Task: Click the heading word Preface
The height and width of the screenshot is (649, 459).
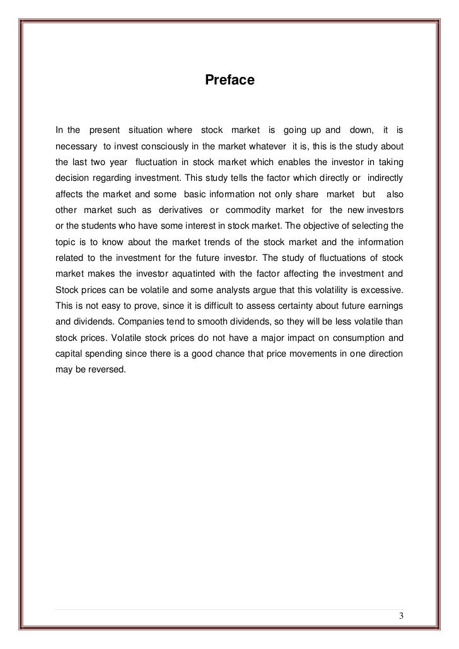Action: click(x=229, y=81)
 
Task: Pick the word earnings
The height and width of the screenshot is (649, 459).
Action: click(x=383, y=304)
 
